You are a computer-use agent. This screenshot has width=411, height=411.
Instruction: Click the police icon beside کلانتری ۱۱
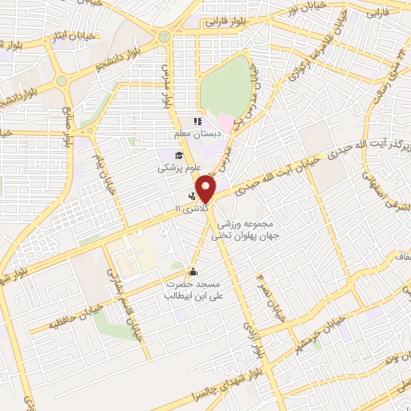[191, 195]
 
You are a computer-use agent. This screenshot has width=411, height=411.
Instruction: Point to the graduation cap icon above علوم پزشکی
[177, 156]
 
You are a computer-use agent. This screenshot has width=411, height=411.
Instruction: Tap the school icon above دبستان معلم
[197, 122]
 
